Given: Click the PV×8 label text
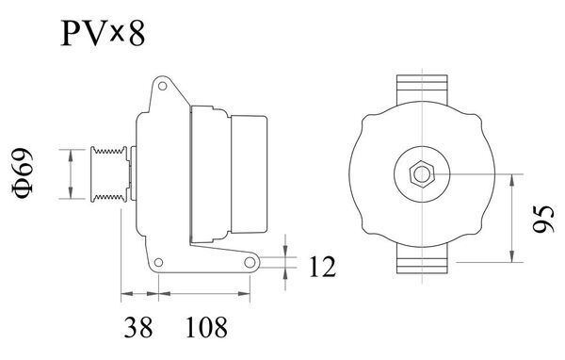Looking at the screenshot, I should (x=104, y=35).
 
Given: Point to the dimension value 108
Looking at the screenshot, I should (x=206, y=327).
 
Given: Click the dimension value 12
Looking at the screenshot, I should (x=322, y=268).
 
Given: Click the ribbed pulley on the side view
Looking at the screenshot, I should (x=106, y=173).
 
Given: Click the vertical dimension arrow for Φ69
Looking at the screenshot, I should (x=73, y=173).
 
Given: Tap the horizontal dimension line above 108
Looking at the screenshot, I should (x=204, y=294).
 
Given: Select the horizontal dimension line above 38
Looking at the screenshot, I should (x=139, y=294).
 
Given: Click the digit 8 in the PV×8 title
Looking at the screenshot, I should (x=138, y=35).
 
